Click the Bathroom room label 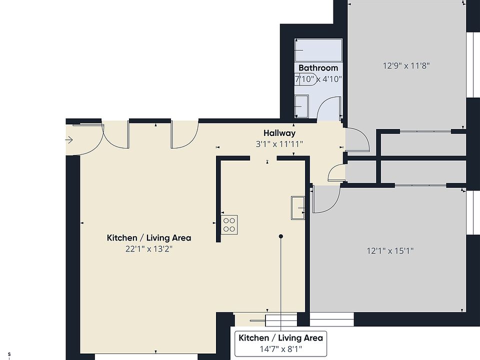point(318,67)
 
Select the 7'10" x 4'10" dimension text point(318,79)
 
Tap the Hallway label point(279,133)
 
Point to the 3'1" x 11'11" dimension point(279,144)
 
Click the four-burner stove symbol point(229,225)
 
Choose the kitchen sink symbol point(298,208)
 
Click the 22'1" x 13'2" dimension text point(149,249)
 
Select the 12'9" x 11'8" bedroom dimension point(406,65)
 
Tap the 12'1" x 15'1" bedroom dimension point(390,251)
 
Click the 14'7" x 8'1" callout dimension point(280,348)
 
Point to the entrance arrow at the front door point(69,140)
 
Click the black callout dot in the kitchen point(280,236)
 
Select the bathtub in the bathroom point(318,50)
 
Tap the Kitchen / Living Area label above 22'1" point(149,238)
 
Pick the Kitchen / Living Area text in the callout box point(280,338)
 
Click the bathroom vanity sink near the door point(301,106)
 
